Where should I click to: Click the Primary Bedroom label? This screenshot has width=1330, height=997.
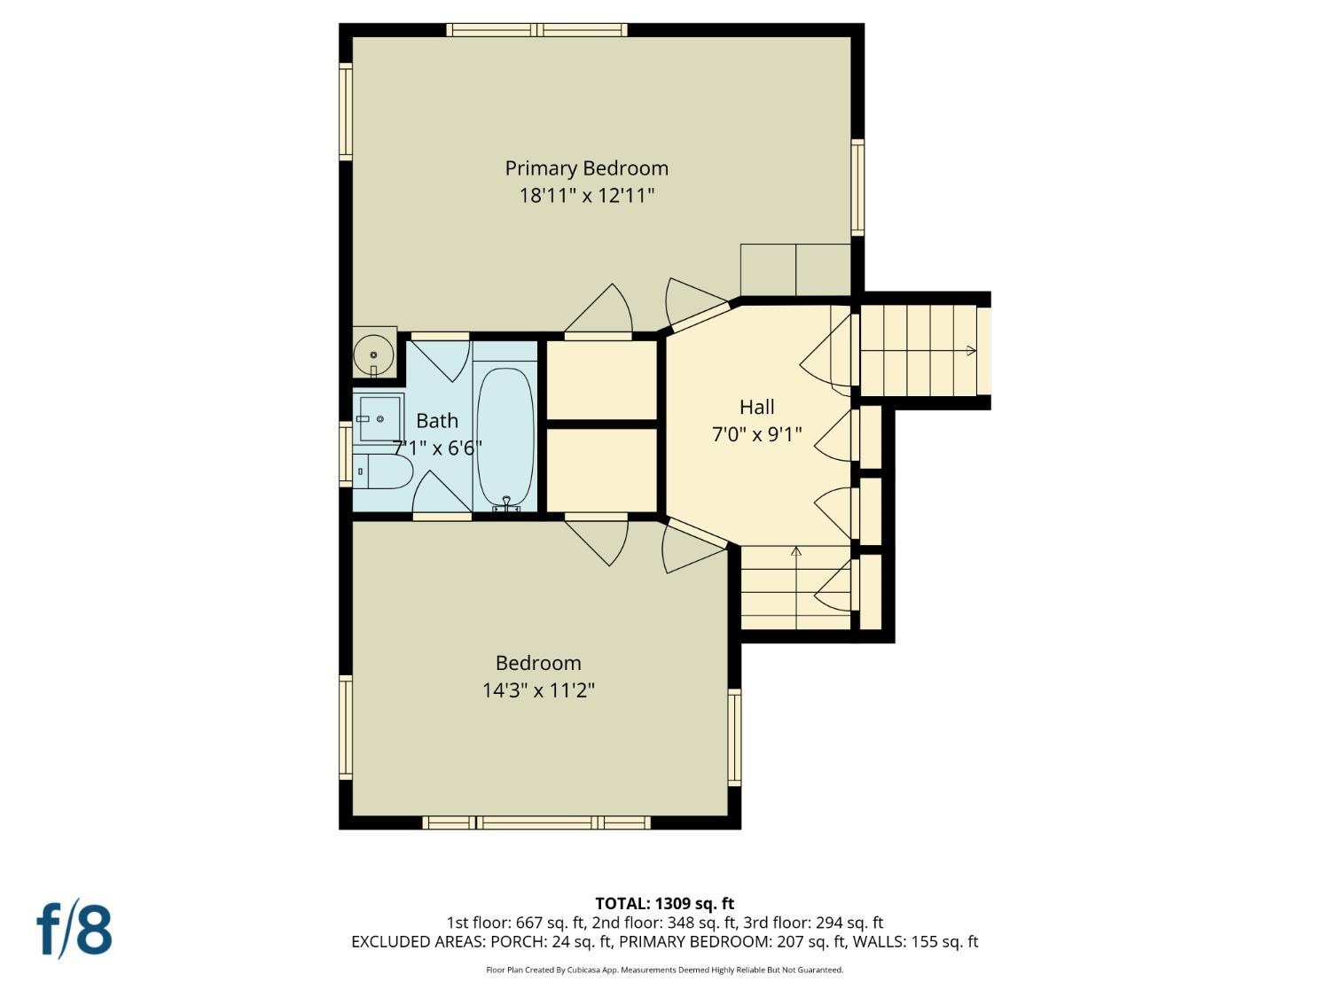(x=587, y=169)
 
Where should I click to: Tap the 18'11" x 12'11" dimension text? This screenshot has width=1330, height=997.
(x=587, y=196)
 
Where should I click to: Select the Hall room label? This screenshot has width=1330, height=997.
(x=757, y=408)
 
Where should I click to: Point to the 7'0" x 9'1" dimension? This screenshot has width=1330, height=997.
(x=757, y=434)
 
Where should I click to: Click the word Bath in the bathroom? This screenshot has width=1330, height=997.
(x=437, y=421)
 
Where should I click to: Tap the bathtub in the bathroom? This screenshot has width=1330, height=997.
(x=505, y=436)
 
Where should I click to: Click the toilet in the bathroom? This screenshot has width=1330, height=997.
(x=383, y=471)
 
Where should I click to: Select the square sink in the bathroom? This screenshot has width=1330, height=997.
(x=379, y=418)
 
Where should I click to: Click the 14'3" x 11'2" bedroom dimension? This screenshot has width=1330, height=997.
(x=538, y=690)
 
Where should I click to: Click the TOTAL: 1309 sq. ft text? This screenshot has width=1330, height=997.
(x=665, y=903)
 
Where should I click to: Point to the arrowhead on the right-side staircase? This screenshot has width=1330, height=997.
(x=971, y=350)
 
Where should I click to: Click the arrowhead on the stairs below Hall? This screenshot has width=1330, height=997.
(x=796, y=551)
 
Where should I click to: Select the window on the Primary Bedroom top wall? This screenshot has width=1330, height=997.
(x=536, y=29)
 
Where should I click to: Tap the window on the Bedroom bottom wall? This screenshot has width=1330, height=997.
(x=536, y=822)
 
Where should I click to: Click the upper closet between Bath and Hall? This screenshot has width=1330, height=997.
(x=602, y=380)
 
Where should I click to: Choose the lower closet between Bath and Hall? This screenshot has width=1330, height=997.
(x=602, y=471)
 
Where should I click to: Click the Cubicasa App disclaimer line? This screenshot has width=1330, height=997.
(x=665, y=970)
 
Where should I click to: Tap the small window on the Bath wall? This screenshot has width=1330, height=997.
(x=346, y=454)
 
